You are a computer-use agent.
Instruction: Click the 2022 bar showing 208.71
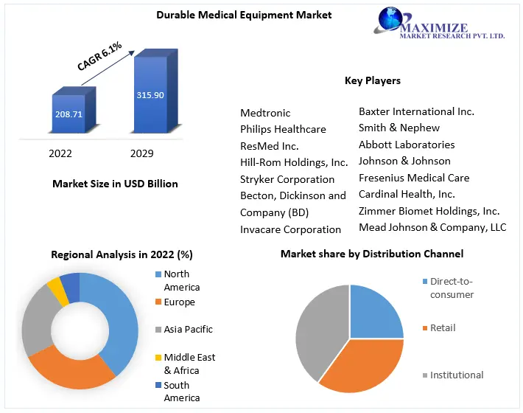coord(70,114)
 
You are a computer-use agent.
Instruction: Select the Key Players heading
coord(373,80)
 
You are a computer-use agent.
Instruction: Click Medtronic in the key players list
coord(265,113)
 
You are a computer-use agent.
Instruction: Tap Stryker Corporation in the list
coord(287,179)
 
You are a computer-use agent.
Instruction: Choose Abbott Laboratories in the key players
coord(407,145)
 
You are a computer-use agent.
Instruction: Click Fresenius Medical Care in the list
coord(414,178)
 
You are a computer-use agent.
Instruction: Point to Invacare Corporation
coord(290,229)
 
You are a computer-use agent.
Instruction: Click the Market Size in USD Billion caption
coord(116,184)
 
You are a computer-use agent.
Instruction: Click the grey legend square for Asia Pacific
coord(158,330)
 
